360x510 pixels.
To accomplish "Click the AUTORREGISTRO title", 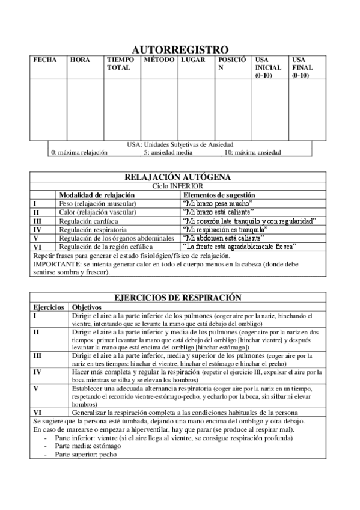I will (180, 49).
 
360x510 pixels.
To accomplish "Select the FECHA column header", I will (45, 60).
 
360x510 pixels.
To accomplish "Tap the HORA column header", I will (80, 60).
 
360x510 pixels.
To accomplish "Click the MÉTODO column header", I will (159, 60).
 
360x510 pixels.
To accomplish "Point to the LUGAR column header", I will (193, 60).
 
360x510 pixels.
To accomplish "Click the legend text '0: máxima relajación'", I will (79, 153).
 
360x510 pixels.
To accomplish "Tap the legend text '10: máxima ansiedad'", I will (252, 153).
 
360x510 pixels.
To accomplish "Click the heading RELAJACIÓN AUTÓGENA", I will (178, 177).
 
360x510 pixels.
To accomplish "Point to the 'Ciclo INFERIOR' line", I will (178, 186).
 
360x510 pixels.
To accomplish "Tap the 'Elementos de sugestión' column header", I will (219, 195).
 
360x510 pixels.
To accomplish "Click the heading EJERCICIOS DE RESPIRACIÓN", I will (178, 297).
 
